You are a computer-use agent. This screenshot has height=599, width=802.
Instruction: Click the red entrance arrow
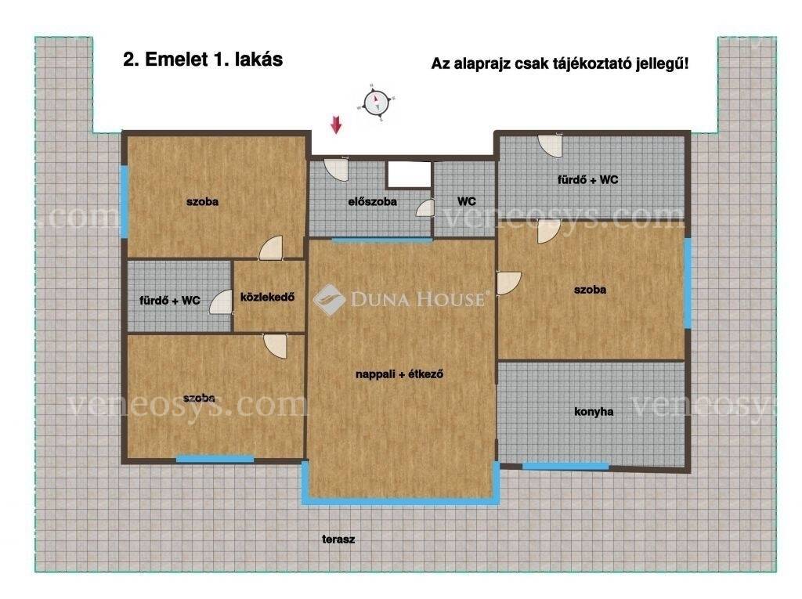(x=335, y=124)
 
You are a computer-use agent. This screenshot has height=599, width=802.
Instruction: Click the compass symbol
(x=377, y=103)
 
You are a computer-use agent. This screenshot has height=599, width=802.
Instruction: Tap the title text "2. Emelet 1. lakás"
(x=203, y=60)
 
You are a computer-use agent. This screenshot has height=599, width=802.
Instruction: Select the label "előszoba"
(x=372, y=201)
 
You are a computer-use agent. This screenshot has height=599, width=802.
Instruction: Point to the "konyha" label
(x=594, y=411)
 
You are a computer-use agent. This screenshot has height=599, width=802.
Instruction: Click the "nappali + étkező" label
(x=399, y=374)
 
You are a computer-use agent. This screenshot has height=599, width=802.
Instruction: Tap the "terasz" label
(x=338, y=539)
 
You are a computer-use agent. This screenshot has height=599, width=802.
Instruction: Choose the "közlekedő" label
(x=268, y=297)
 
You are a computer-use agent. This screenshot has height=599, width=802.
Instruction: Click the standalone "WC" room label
(x=467, y=201)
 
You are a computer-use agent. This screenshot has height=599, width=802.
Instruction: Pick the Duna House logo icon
(x=330, y=300)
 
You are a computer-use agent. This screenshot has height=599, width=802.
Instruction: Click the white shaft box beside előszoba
(x=409, y=175)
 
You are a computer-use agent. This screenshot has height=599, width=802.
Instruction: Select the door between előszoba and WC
(x=425, y=208)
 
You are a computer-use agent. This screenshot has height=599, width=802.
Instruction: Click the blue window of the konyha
(x=565, y=466)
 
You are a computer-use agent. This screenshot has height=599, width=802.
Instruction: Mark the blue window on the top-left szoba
(x=124, y=201)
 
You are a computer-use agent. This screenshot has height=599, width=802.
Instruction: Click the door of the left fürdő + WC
(x=221, y=301)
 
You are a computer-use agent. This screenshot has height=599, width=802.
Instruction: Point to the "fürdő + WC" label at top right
(x=587, y=179)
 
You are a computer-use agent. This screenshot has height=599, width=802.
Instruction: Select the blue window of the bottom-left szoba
(x=215, y=459)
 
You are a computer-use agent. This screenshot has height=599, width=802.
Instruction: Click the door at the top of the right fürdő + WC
(x=551, y=146)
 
